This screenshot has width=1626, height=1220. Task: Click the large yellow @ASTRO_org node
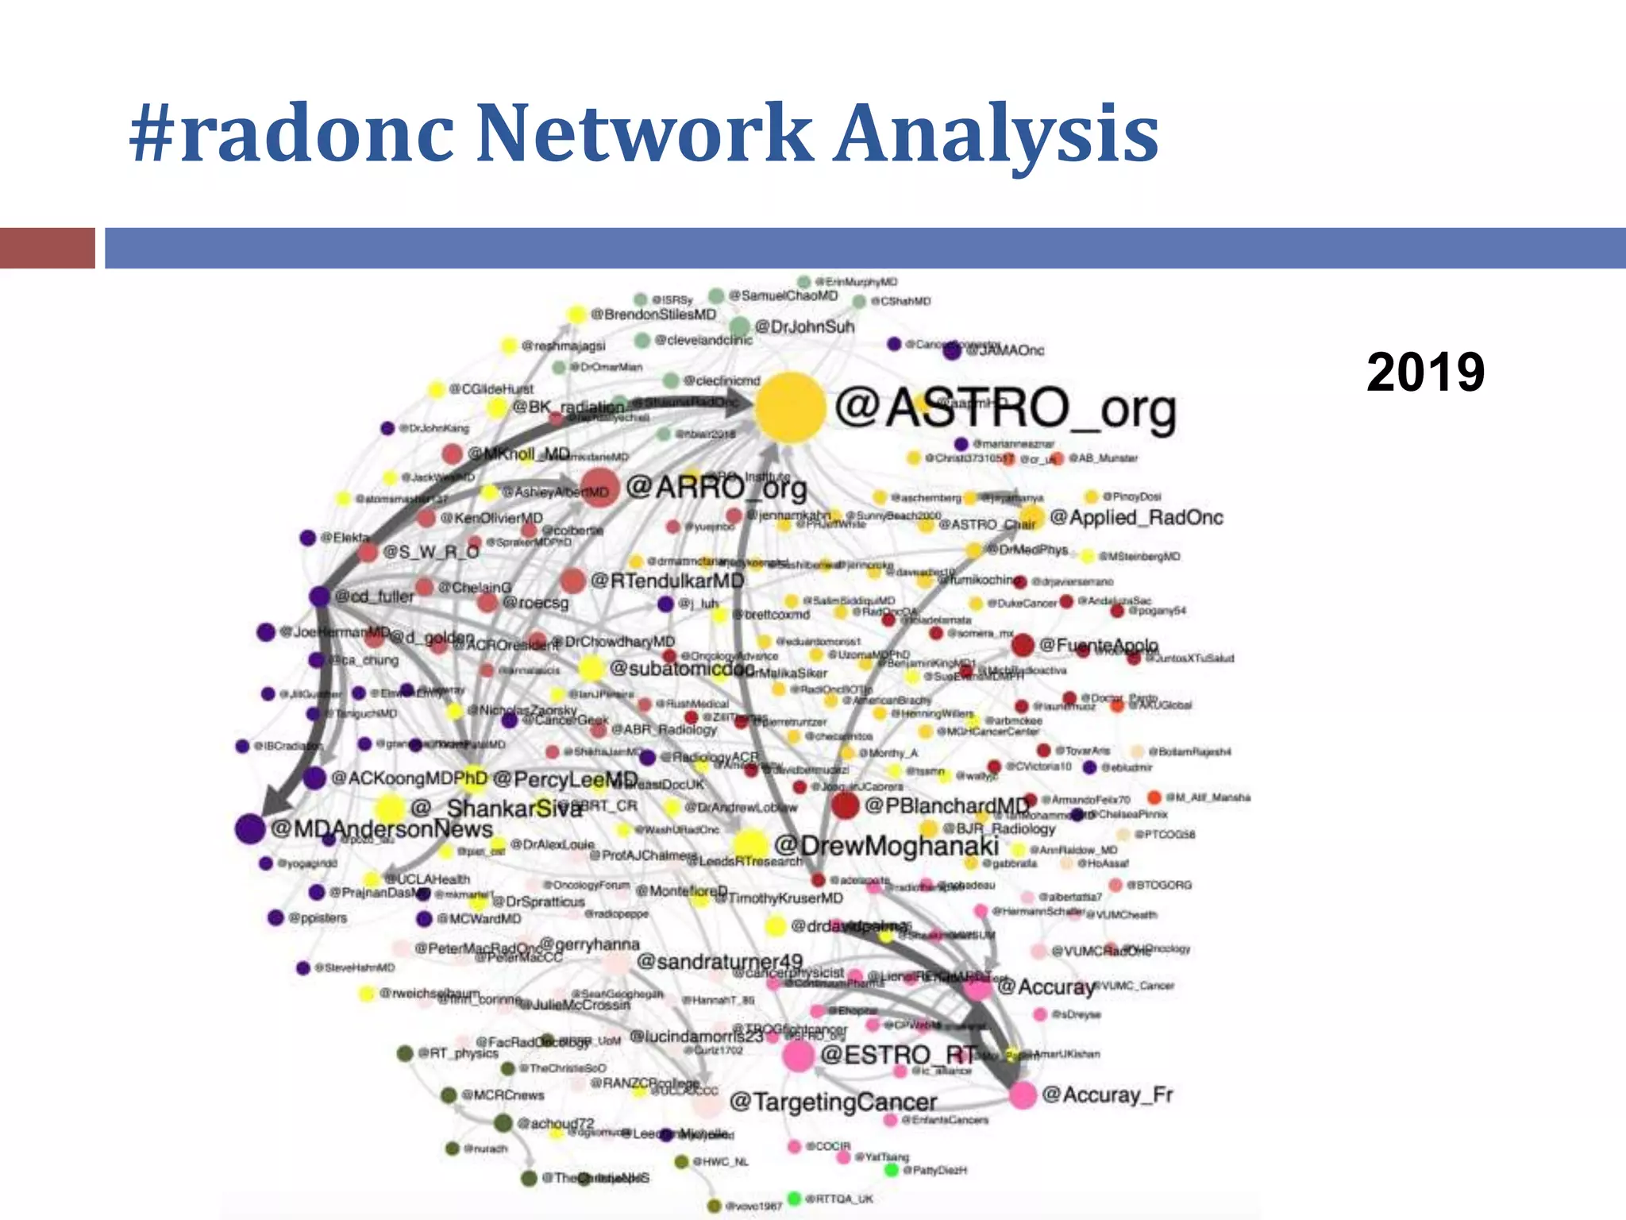pos(789,407)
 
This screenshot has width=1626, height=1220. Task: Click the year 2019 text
pos(1425,372)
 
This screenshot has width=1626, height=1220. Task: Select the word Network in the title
pos(644,133)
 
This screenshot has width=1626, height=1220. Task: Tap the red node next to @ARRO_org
pos(599,487)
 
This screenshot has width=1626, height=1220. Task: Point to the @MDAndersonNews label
pos(381,828)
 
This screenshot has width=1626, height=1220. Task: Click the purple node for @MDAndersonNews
pos(249,828)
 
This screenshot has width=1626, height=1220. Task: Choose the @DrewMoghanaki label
pos(886,846)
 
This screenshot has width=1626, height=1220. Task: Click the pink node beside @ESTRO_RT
pos(798,1056)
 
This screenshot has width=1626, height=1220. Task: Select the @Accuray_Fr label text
pos(1107,1095)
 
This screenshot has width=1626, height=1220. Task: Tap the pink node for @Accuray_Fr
pos(1023,1095)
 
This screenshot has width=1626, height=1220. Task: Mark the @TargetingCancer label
pos(833,1102)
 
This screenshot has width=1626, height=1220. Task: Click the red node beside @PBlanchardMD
pos(845,805)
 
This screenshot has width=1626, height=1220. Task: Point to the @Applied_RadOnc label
pos(1136,517)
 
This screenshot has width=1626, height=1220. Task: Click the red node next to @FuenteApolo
pos(1023,645)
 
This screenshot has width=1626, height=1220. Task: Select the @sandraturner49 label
pos(719,962)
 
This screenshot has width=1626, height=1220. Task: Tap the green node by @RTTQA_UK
pos(794,1198)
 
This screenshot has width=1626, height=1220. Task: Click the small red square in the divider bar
pos(47,248)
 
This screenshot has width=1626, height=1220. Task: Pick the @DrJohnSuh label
pos(804,326)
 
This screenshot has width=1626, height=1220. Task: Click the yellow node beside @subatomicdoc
pos(591,669)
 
